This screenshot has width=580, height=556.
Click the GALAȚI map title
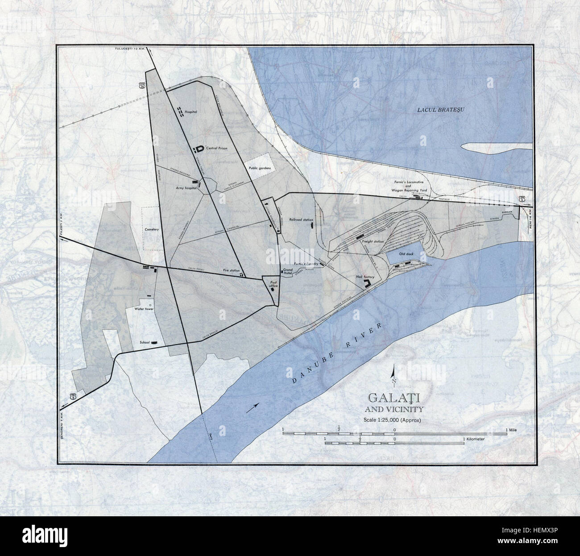[x=394, y=398]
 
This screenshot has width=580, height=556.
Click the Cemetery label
[x=152, y=228]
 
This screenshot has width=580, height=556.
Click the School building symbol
[x=155, y=342]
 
